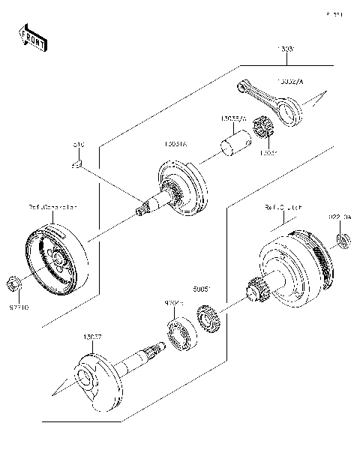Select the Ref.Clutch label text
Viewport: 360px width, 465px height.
[x=282, y=205]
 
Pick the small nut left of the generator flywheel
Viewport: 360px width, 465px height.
[x=12, y=284]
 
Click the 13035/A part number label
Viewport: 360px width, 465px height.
[x=235, y=118]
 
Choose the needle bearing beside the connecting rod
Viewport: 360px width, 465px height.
[x=263, y=130]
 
